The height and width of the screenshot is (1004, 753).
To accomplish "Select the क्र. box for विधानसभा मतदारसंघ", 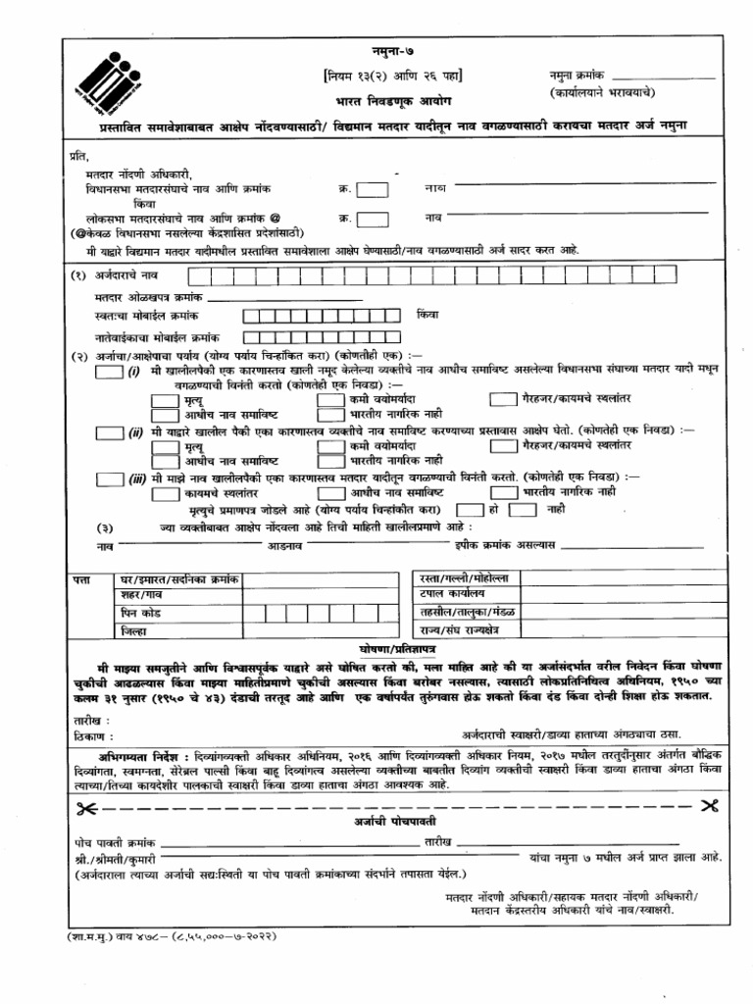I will (372, 189).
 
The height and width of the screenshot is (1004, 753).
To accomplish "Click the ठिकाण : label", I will (94, 734).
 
